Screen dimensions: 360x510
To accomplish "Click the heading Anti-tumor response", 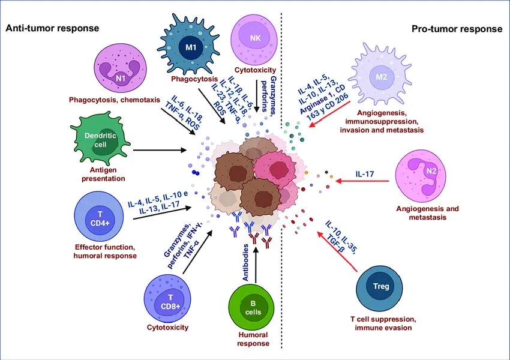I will click(52, 28).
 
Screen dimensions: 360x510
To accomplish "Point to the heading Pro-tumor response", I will click(457, 28).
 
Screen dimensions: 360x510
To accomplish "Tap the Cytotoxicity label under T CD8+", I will click(168, 328).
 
